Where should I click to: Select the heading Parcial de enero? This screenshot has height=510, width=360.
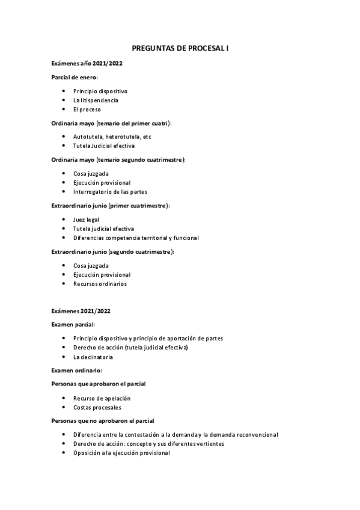[75, 77]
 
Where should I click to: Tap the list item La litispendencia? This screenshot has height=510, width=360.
[96, 100]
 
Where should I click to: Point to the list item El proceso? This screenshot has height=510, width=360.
[87, 109]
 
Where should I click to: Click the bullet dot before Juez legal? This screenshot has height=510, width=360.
[64, 220]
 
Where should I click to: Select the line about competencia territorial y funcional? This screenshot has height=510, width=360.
[136, 238]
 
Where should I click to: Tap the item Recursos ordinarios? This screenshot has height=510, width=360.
[100, 283]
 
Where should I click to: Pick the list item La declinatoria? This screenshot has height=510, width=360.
[93, 357]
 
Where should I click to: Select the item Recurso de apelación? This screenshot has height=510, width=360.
[102, 398]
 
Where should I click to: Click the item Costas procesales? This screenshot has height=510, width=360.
[97, 407]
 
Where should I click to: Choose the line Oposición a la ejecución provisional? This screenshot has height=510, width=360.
[121, 453]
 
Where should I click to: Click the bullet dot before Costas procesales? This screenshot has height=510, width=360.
[64, 407]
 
